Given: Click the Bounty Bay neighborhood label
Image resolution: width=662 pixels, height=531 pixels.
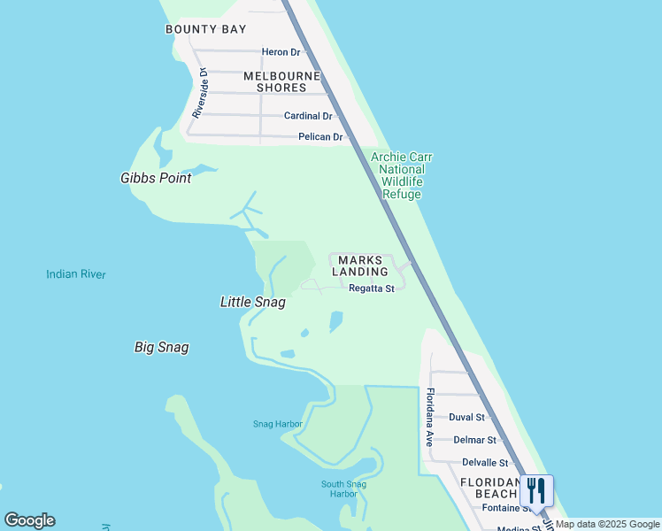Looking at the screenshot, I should [205, 29].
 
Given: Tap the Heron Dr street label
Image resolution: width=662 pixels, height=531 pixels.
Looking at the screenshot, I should [281, 52].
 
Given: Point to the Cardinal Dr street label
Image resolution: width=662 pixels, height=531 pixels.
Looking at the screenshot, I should [308, 116].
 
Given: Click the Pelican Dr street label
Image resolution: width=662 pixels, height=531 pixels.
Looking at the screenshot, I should [320, 137].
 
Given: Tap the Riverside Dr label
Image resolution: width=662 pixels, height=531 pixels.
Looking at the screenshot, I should [200, 94].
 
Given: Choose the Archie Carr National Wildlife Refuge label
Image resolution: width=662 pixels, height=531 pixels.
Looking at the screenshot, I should [401, 175].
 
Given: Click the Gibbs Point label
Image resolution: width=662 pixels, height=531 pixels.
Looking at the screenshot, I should [156, 178].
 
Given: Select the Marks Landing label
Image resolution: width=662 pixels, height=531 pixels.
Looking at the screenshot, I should [360, 265].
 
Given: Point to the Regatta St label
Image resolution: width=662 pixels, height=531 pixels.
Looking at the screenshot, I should [371, 289].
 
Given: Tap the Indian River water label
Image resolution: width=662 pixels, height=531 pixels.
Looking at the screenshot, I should [76, 274].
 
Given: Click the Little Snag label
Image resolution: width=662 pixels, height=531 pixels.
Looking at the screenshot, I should [252, 302].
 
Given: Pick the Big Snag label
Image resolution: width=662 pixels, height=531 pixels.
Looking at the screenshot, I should [161, 347].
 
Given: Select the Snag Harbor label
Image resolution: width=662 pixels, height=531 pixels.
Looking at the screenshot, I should [278, 424].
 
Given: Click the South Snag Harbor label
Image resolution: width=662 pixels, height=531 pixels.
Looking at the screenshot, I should [339, 488].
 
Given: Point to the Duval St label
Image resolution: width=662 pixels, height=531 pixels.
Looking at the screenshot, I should [466, 417].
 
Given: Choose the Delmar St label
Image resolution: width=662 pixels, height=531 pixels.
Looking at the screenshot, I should [473, 440].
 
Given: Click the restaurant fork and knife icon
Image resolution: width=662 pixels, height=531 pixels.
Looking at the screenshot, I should [536, 490].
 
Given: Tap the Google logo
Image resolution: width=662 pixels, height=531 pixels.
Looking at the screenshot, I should [30, 520].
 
